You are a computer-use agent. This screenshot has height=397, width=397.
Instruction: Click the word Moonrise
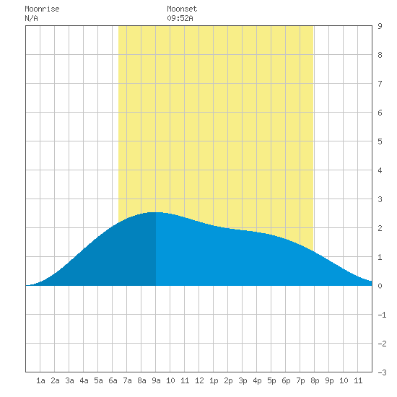pyautogui.click(x=42, y=9)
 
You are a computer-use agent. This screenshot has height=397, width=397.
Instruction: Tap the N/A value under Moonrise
pyautogui.click(x=31, y=18)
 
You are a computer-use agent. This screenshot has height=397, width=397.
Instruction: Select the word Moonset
pyautogui.click(x=182, y=9)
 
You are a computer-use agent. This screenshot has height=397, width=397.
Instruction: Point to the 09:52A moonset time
pyautogui.click(x=180, y=18)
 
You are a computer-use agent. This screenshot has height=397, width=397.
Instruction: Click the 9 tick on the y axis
pyautogui.click(x=380, y=26)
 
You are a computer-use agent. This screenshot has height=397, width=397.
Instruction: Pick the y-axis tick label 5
pyautogui.click(x=380, y=141)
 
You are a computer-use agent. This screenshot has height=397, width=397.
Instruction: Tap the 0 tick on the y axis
pyautogui.click(x=380, y=286)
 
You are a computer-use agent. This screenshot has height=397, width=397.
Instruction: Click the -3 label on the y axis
pyautogui.click(x=382, y=372)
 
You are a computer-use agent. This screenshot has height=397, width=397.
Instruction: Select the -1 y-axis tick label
pyautogui.click(x=382, y=315)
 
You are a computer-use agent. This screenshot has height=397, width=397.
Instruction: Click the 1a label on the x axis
pyautogui.click(x=40, y=380)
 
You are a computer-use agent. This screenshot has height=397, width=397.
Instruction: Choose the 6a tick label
pyautogui.click(x=113, y=380)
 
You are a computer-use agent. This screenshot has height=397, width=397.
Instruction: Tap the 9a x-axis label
pyautogui.click(x=156, y=380)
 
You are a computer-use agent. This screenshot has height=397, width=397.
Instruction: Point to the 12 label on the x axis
pyautogui.click(x=199, y=380)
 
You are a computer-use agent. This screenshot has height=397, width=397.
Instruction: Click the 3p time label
pyautogui.click(x=243, y=380)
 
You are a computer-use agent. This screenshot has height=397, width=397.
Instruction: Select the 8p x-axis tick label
pyautogui.click(x=315, y=380)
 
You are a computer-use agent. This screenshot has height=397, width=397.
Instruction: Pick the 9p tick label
pyautogui.click(x=329, y=380)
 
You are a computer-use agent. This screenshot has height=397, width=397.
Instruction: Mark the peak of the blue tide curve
pyautogui.click(x=155, y=212)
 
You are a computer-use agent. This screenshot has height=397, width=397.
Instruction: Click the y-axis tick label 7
pyautogui.click(x=380, y=84)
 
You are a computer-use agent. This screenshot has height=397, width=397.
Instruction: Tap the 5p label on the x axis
pyautogui.click(x=271, y=380)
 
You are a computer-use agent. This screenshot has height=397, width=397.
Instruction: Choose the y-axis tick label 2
pyautogui.click(x=380, y=228)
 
